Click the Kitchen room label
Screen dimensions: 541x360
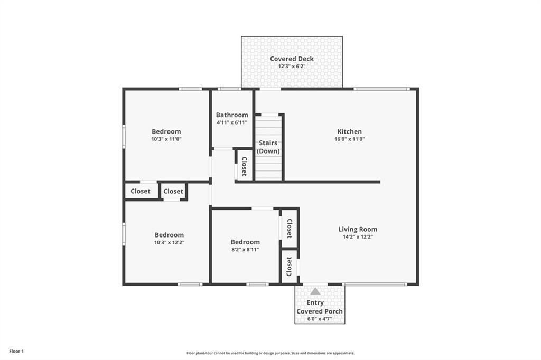pos(350,131)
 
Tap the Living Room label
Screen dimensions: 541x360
pos(358,229)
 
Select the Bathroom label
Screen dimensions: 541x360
pos(232,115)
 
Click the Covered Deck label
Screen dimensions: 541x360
pos(292,59)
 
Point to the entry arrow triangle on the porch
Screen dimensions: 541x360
pos(315,291)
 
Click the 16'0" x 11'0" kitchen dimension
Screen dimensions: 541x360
pos(350,139)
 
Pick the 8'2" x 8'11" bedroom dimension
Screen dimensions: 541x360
pos(245,250)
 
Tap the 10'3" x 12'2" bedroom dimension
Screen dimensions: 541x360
pos(169,242)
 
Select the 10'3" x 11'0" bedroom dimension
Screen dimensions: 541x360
pos(166,139)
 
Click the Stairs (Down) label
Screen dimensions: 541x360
pos(268,147)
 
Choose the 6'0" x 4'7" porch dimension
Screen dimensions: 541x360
pos(320,319)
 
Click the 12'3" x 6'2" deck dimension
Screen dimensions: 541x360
pos(292,66)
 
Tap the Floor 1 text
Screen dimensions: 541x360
pos(16,352)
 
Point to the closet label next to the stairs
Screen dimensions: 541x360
pos(244,166)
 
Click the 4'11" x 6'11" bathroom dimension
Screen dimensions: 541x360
pos(232,122)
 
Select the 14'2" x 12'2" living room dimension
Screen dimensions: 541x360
pos(358,237)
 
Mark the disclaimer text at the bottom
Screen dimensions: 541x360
pos(270,353)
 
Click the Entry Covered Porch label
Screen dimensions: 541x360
pos(320,307)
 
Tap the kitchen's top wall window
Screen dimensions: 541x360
pos(382,89)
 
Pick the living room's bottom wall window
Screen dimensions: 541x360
pos(375,285)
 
